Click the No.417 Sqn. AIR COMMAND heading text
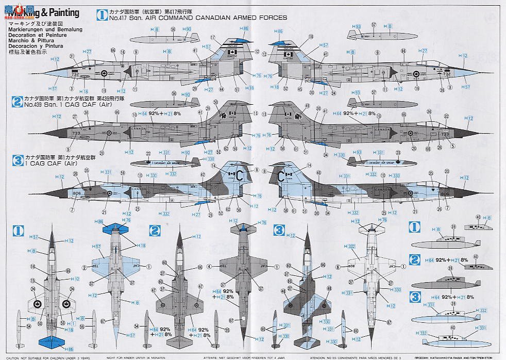pos(196,18)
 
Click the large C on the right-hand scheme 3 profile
pos(281,176)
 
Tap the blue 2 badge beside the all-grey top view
pos(154,230)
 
